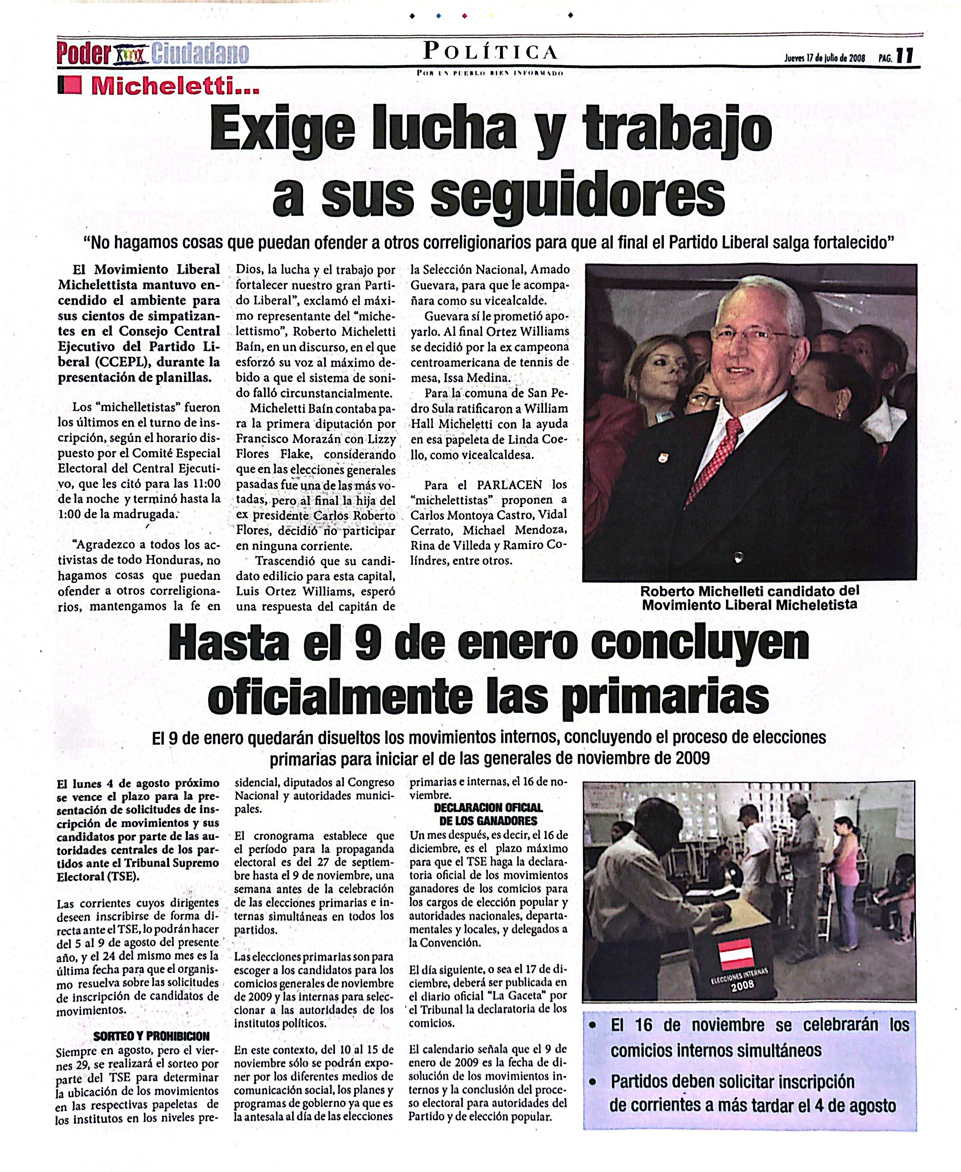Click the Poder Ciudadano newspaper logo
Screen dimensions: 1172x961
click(152, 54)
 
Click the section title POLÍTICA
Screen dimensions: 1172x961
click(490, 52)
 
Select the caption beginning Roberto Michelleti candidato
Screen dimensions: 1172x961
click(750, 598)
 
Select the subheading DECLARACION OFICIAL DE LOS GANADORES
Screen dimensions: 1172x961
click(488, 814)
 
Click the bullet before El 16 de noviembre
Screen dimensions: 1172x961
click(593, 1025)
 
